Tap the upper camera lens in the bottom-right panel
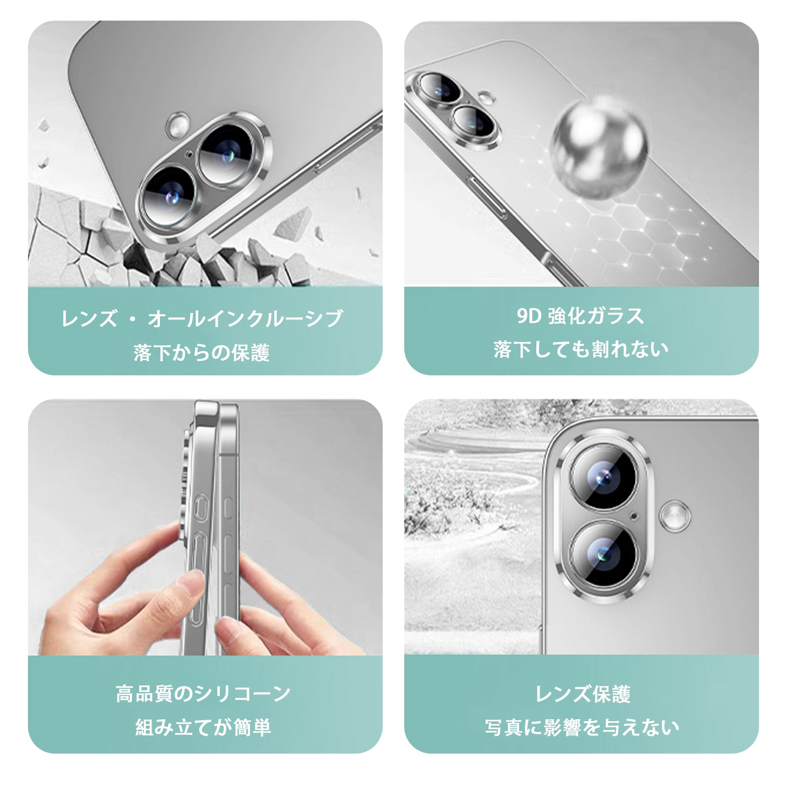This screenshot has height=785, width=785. [603, 477]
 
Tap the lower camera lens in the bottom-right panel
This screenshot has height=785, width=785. [603, 554]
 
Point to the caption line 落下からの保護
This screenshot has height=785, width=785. [202, 353]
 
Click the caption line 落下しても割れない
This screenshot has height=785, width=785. [581, 349]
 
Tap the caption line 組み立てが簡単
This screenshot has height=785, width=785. [203, 727]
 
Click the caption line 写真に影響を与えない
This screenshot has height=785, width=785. [582, 727]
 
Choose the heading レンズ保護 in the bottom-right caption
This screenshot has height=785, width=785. [583, 694]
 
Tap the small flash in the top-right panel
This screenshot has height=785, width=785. [486, 98]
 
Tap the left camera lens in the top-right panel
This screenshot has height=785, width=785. [438, 89]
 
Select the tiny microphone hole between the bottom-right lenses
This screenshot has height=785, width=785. [634, 516]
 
